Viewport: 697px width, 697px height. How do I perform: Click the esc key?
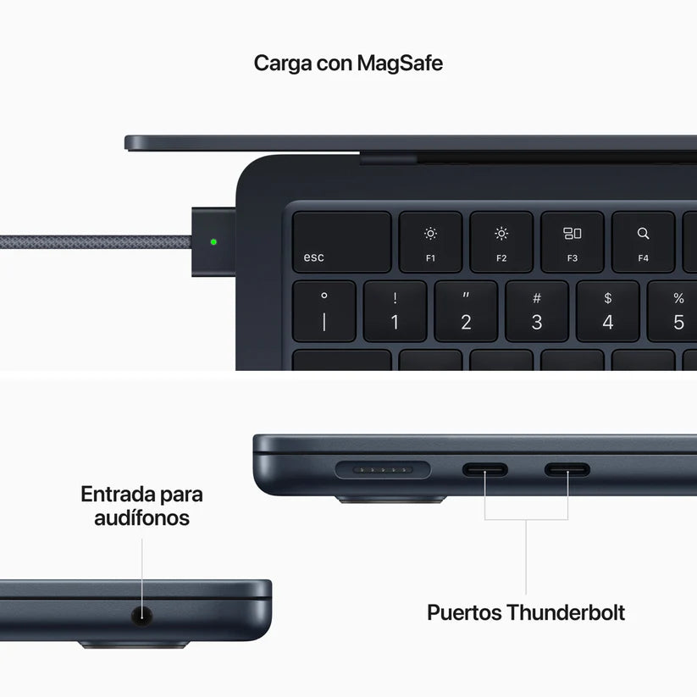pyautogui.click(x=342, y=242)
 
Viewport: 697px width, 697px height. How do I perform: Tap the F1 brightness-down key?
pyautogui.click(x=430, y=242)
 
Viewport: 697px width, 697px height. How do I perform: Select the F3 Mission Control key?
pyautogui.click(x=572, y=242)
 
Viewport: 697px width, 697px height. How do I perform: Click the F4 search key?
pyautogui.click(x=643, y=242)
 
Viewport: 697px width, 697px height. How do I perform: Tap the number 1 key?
pyautogui.click(x=395, y=312)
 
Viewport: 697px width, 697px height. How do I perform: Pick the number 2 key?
pyautogui.click(x=466, y=312)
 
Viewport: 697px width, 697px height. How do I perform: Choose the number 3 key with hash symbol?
pyautogui.click(x=537, y=312)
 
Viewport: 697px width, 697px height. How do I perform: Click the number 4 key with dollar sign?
pyautogui.click(x=607, y=312)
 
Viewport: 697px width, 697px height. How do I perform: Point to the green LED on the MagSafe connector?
pyautogui.click(x=213, y=241)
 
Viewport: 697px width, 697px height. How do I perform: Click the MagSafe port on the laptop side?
pyautogui.click(x=383, y=469)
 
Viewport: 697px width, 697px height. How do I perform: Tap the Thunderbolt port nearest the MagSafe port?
pyautogui.click(x=484, y=469)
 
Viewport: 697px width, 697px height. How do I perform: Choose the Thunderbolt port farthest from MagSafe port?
pyautogui.click(x=567, y=469)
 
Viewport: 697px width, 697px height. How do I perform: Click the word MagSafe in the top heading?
pyautogui.click(x=399, y=63)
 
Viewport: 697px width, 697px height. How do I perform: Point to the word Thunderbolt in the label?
pyautogui.click(x=566, y=612)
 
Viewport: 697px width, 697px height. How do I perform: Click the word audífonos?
pyautogui.click(x=141, y=517)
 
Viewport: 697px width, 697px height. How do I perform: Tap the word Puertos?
pyautogui.click(x=464, y=612)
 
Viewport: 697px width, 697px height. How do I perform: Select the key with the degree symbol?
pyautogui.click(x=324, y=312)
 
